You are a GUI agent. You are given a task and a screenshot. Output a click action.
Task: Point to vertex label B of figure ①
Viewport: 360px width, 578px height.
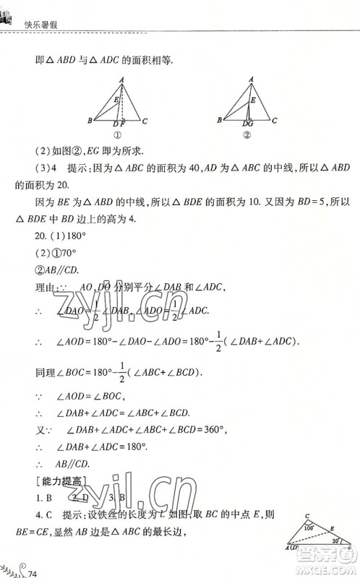[89, 121]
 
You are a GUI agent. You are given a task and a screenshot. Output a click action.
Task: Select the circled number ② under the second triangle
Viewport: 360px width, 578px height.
[247, 135]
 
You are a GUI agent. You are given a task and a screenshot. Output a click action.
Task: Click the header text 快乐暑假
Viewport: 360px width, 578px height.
[40, 23]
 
